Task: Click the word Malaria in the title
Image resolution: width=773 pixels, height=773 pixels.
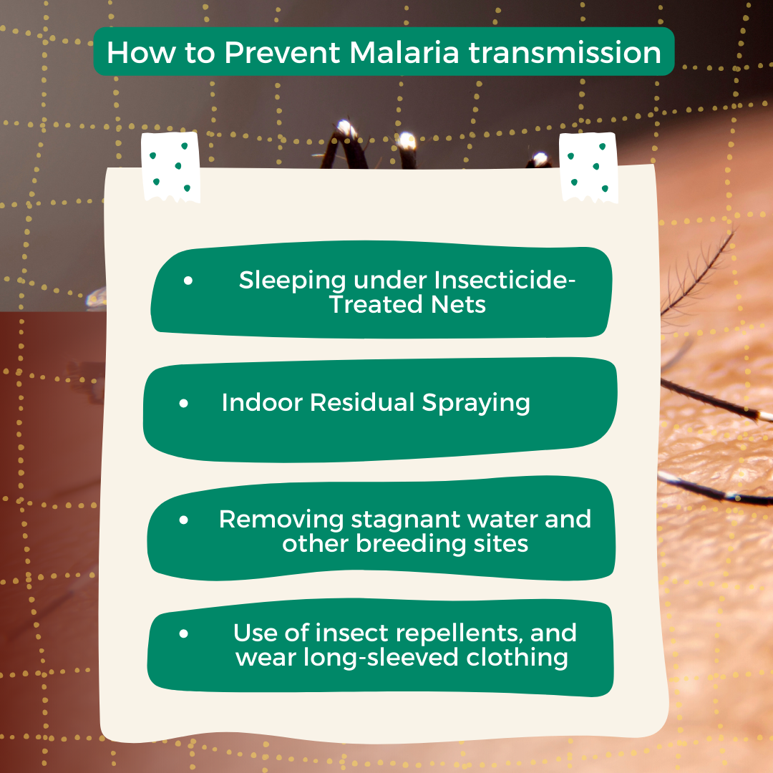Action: point(404,52)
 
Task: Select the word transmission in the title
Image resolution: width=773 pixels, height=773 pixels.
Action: point(565,52)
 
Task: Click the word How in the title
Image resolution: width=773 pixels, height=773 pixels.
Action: point(141,52)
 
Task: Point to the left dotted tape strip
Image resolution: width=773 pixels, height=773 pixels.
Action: point(170,167)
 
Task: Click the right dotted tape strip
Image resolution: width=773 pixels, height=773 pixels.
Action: point(588,167)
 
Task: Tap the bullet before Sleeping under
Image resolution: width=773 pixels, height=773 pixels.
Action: point(188,281)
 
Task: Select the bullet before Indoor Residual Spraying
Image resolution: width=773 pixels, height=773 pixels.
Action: point(184,403)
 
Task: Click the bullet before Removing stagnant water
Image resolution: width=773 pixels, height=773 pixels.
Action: point(184,520)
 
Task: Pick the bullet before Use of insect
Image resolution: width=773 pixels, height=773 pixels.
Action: point(184,633)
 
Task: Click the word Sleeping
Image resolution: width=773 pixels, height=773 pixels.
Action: point(292,281)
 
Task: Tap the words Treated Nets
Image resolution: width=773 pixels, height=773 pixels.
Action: point(408,304)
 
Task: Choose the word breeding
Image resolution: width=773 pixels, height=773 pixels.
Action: point(411,544)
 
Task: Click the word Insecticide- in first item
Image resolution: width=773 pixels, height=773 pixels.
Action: point(505,280)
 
